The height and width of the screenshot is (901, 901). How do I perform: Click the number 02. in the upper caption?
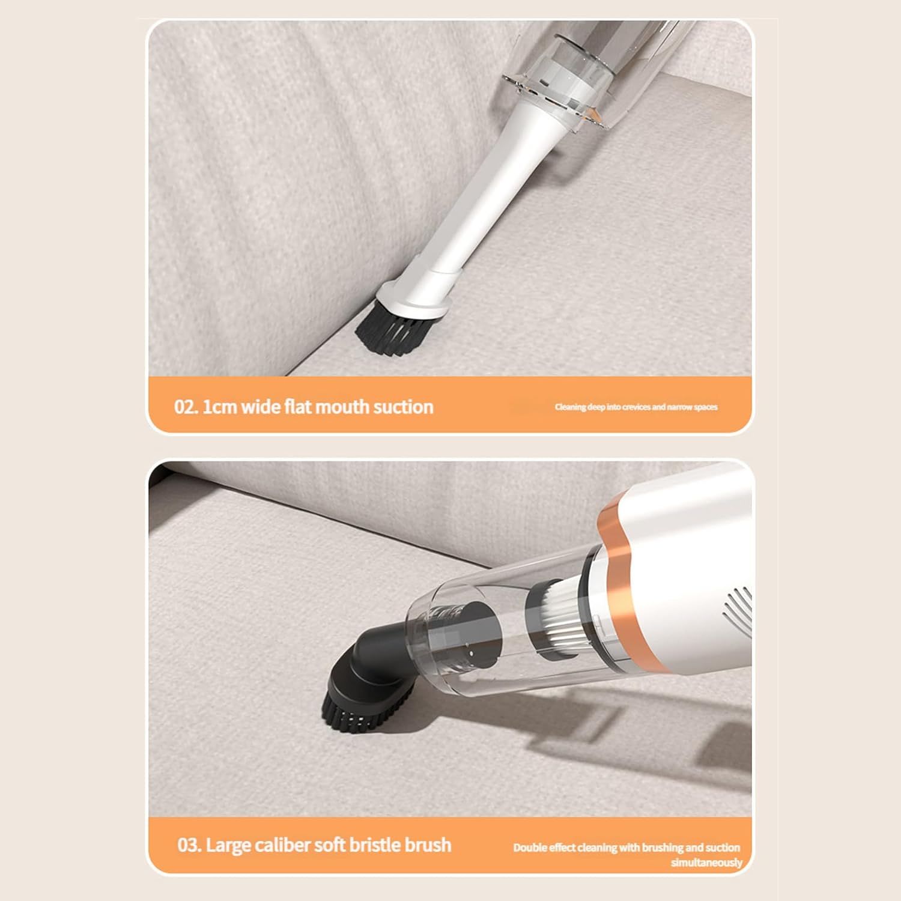click(186, 407)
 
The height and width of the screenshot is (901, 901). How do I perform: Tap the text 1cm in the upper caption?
click(219, 407)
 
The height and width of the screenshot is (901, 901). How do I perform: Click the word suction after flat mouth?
click(403, 407)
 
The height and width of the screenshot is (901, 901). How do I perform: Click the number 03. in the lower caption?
click(189, 845)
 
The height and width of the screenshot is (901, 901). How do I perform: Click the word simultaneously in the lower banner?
click(706, 863)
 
